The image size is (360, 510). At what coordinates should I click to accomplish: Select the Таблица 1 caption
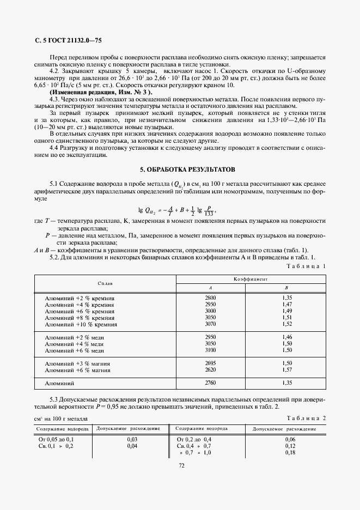tap(306, 266)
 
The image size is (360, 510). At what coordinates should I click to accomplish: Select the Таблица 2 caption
tap(306, 418)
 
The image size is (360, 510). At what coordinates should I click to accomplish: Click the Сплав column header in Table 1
tap(105, 283)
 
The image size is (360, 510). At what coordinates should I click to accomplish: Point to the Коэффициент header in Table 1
tap(250, 278)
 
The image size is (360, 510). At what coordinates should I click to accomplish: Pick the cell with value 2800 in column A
tap(210, 298)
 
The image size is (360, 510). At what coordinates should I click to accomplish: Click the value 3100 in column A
tap(210, 350)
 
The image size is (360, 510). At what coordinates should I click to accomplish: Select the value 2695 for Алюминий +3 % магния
tap(210, 363)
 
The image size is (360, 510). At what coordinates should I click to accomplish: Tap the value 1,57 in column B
tap(288, 370)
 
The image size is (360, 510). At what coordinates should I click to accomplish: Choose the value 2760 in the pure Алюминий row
tap(210, 384)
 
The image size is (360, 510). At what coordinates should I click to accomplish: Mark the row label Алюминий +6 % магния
tap(78, 370)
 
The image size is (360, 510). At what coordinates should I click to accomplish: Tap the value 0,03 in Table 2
tap(131, 439)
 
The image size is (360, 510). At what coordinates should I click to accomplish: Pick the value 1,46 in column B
tap(288, 337)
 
